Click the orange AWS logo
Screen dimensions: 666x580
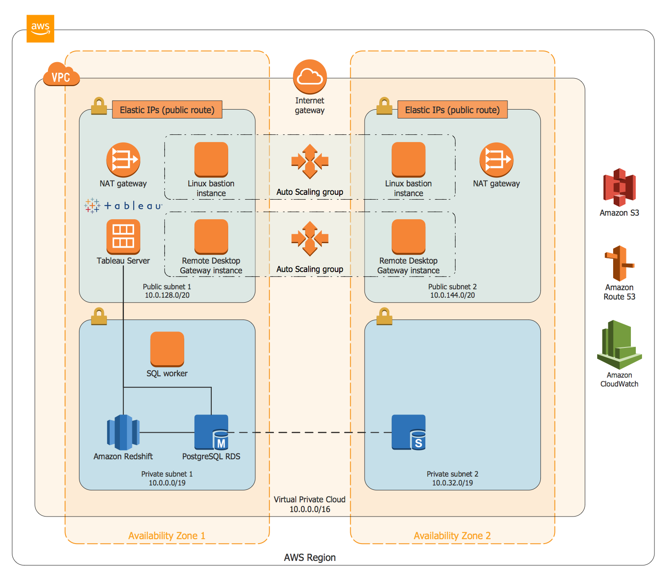pos(40,29)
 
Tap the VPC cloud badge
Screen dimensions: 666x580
pos(61,74)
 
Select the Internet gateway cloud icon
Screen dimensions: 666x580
pos(309,77)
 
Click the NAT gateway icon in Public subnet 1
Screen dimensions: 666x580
pos(123,160)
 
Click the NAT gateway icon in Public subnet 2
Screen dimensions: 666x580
pos(496,160)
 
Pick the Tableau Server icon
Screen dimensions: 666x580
pos(123,237)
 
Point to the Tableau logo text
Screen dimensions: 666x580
pos(123,205)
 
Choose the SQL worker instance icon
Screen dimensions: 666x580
pos(167,349)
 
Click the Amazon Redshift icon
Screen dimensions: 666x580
pos(123,432)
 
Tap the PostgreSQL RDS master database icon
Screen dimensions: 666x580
pos(211,432)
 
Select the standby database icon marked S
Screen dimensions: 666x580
pos(408,432)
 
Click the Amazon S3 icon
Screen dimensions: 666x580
pos(619,187)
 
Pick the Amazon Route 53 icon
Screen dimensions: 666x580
pos(619,263)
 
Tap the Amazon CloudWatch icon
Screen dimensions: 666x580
pos(619,344)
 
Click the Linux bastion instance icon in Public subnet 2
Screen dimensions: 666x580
pos(408,159)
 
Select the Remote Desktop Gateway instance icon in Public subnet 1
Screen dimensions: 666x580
pos(211,237)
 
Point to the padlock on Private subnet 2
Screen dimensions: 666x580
pos(384,316)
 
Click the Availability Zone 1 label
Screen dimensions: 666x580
pos(166,535)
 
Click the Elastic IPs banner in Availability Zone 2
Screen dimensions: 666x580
pos(452,109)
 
